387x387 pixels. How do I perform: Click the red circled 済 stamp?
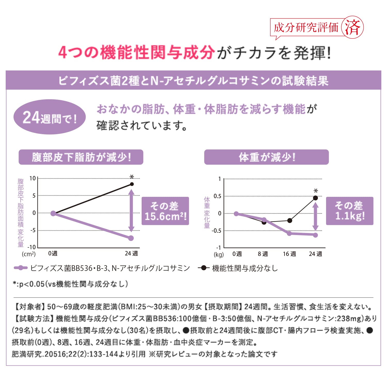[x=352, y=28]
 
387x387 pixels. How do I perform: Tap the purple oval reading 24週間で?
[x=50, y=117]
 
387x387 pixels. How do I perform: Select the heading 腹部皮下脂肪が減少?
[x=81, y=157]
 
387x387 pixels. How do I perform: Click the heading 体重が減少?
[x=266, y=157]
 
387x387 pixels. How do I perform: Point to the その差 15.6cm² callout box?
[x=165, y=211]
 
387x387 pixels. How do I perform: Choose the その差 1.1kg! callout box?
[x=350, y=211]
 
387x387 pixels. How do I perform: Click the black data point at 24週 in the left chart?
[x=132, y=184]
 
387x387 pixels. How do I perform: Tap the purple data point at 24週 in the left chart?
[x=131, y=238]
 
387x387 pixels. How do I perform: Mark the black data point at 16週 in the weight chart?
[x=290, y=221]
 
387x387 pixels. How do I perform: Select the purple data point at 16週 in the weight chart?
[x=289, y=233]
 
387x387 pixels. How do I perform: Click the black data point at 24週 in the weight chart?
[x=315, y=198]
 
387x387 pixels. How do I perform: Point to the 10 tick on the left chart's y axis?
[x=33, y=178]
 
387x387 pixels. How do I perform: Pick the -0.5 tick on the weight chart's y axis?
[x=216, y=231]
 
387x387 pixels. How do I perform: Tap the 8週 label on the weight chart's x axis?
[x=263, y=254]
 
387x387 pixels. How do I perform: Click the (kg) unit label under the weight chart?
[x=219, y=255]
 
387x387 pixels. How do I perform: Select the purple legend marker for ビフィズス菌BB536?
[x=21, y=268]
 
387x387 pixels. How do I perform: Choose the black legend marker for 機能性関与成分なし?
[x=204, y=268]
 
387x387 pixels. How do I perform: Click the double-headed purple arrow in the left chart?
[x=131, y=211]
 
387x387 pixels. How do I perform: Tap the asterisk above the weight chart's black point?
[x=316, y=191]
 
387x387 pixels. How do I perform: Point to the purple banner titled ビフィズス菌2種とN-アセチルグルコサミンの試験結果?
[x=193, y=80]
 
